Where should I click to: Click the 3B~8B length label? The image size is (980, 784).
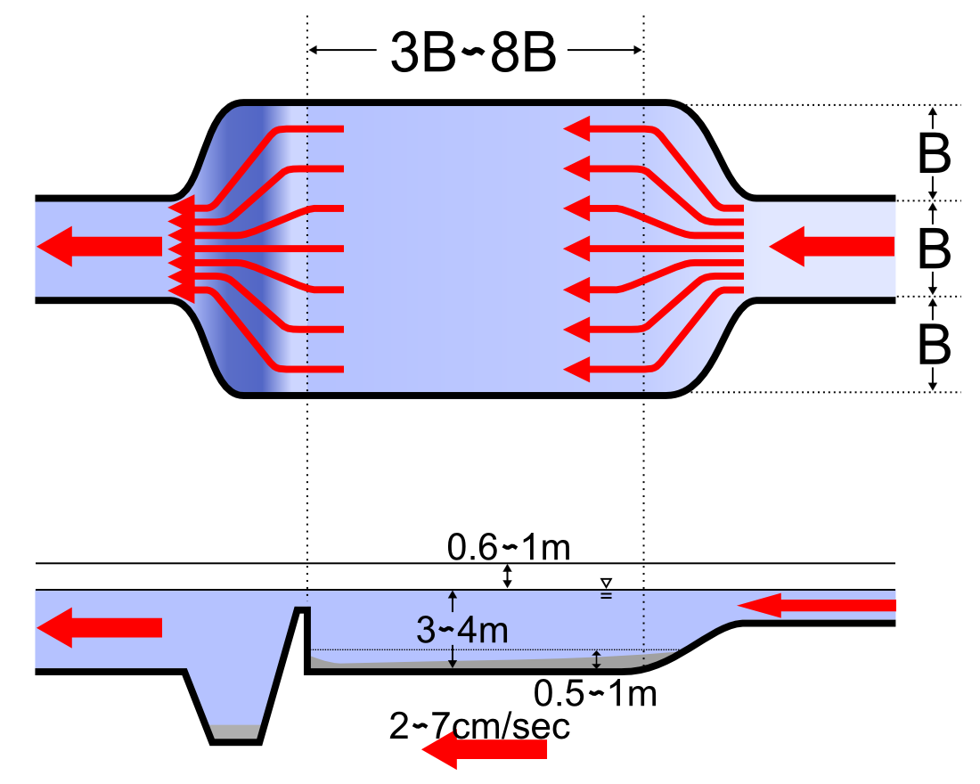(x=473, y=53)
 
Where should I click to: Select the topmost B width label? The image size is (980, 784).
(x=935, y=153)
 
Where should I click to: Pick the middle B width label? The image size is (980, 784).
(x=935, y=249)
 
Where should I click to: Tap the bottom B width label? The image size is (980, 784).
(x=935, y=345)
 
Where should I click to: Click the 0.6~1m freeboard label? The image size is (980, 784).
(x=509, y=547)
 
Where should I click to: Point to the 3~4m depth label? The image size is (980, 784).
(x=461, y=630)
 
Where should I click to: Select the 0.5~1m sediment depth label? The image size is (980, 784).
(x=595, y=693)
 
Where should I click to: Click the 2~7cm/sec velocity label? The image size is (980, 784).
(x=479, y=726)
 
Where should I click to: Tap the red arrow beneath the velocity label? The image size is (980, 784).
(x=485, y=749)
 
